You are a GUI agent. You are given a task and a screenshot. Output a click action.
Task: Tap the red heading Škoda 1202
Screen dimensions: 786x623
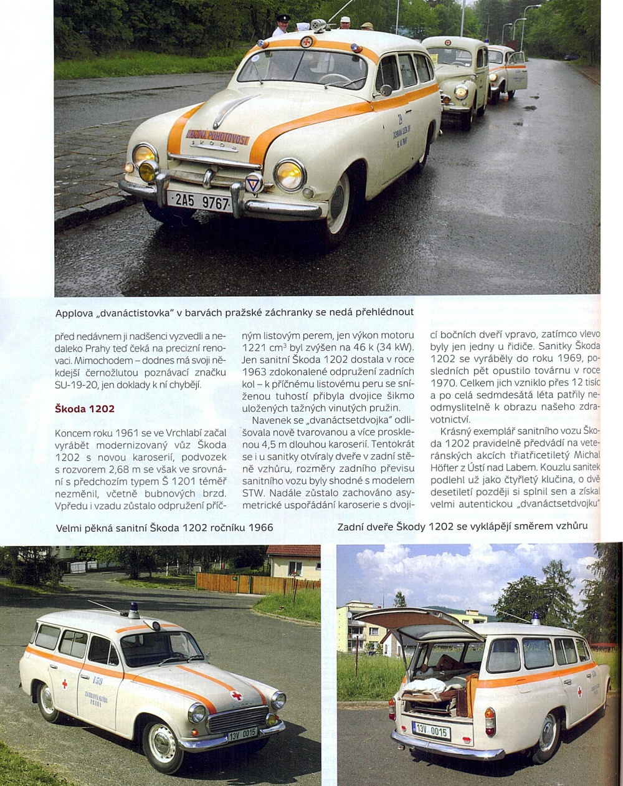coord(85,409)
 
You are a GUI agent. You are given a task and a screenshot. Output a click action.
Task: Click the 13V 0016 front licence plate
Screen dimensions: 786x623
coord(242,734)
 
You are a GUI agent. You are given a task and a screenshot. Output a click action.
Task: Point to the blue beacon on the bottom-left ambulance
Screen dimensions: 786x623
coord(133,610)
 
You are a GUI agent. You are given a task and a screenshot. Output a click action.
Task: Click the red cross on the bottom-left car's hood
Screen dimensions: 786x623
coord(237,695)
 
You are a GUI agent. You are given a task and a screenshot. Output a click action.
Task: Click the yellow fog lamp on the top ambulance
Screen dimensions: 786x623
coord(148,171)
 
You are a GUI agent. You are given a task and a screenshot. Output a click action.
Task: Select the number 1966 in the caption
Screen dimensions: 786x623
coord(260,527)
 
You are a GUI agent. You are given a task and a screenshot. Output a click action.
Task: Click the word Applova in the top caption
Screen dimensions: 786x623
coord(74,312)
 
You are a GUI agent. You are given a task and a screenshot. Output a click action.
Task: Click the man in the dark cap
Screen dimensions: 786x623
coord(282,26)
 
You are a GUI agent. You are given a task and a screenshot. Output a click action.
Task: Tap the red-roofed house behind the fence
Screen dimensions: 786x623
coord(293,562)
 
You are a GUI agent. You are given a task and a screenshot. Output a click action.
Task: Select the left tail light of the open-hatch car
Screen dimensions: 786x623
coord(392,709)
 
